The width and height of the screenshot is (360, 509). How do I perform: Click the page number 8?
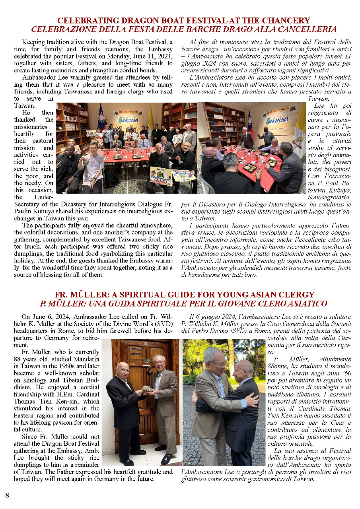[7, 495]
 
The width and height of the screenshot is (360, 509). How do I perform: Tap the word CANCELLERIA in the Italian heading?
[306, 29]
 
